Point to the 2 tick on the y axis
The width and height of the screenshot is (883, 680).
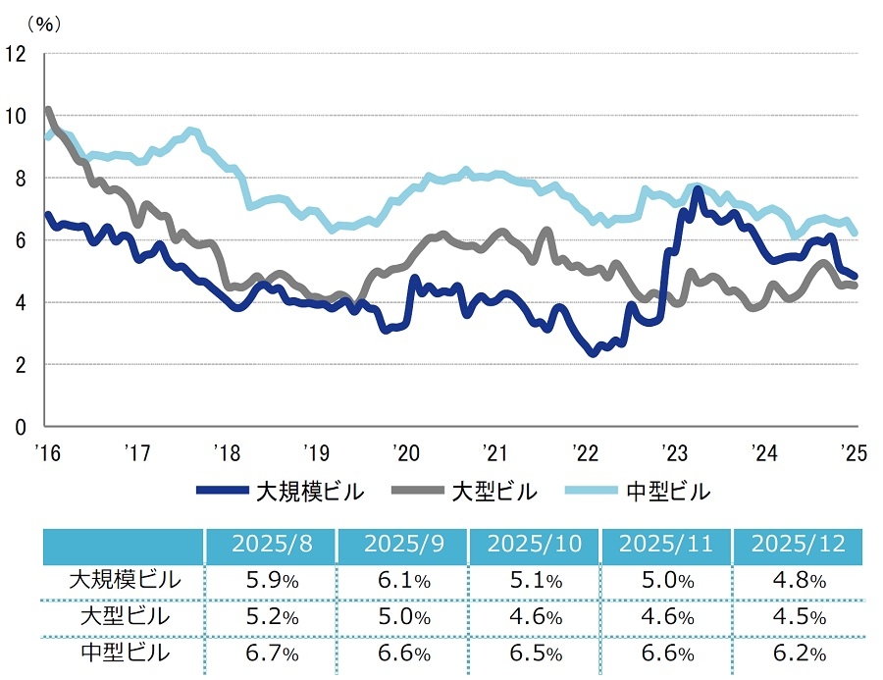(x=21, y=364)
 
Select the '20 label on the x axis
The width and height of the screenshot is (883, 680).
(x=405, y=452)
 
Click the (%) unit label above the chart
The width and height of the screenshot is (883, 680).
(x=43, y=25)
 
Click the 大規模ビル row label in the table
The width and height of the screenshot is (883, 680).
(x=126, y=580)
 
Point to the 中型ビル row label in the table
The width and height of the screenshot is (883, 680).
(x=126, y=654)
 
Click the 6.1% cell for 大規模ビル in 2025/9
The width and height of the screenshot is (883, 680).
(x=403, y=580)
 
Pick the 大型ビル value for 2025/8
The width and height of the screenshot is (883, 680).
(x=271, y=617)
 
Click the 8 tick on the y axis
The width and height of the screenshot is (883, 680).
(x=21, y=178)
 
